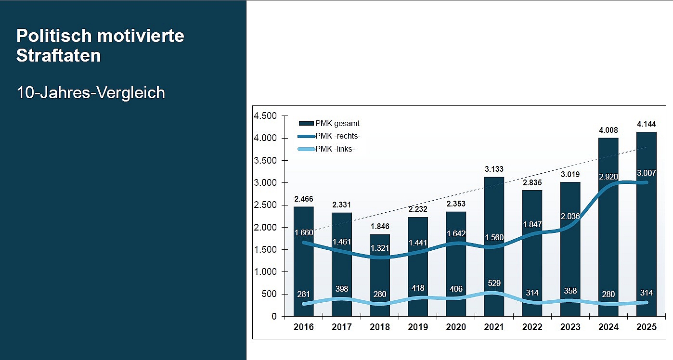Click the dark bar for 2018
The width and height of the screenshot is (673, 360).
point(380,275)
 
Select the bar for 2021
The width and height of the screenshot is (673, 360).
point(494,246)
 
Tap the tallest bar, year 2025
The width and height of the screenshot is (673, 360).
point(646,224)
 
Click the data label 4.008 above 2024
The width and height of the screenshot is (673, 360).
point(608,130)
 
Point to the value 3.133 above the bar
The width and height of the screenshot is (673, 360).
point(494,169)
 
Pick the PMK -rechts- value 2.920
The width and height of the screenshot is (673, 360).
point(608,177)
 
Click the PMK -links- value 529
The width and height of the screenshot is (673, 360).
point(494,283)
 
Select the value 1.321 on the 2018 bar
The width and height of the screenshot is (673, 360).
point(380,248)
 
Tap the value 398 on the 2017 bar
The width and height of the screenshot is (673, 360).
point(342,289)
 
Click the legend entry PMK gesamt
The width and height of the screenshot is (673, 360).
point(329,123)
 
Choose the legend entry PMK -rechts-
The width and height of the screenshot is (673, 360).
point(329,136)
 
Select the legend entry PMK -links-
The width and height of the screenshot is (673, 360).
point(326,149)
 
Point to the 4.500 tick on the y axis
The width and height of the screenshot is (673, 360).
point(265,116)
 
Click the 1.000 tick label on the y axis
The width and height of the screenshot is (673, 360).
point(265,271)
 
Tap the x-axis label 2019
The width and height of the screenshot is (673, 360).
point(418,327)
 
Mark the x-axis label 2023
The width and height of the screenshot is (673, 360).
point(570,327)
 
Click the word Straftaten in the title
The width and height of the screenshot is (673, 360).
point(59,55)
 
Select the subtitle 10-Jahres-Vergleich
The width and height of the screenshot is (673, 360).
point(91,92)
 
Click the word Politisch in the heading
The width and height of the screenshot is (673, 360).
point(54,36)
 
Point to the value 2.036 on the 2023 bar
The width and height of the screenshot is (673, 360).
point(570,216)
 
